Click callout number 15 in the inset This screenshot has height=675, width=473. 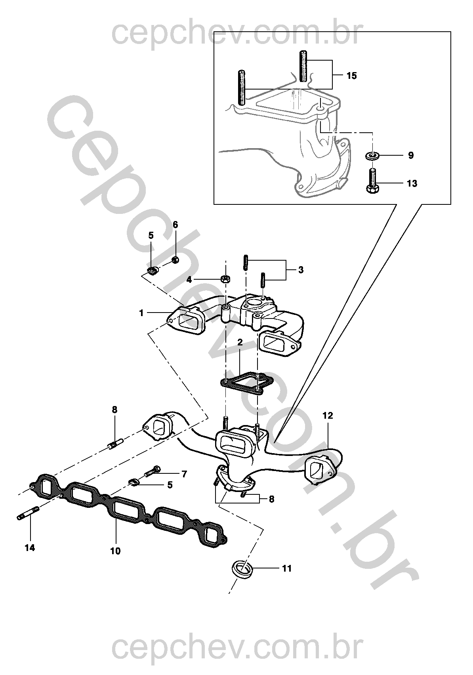click(x=351, y=75)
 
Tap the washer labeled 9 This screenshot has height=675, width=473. click(x=372, y=155)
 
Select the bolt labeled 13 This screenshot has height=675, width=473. click(x=372, y=181)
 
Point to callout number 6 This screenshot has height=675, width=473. click(x=175, y=225)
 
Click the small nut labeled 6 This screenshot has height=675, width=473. click(x=175, y=260)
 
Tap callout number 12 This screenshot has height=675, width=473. click(x=328, y=416)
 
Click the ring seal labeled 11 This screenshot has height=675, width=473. click(x=242, y=569)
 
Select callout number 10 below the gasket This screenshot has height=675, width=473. click(x=115, y=551)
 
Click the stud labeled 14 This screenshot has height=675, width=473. click(x=28, y=513)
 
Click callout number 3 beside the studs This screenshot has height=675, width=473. click(x=301, y=270)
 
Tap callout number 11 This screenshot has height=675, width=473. click(x=287, y=568)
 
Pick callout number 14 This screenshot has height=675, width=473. click(x=30, y=548)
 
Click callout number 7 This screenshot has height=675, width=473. click(x=184, y=473)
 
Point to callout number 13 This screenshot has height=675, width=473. click(x=412, y=183)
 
